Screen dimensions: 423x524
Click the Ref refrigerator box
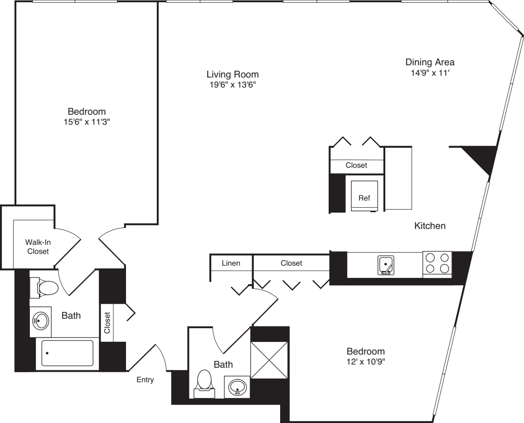tap(364, 195)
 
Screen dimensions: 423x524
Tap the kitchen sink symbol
tap(386, 265)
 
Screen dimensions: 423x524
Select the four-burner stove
tap(437, 263)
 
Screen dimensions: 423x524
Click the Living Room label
tap(233, 74)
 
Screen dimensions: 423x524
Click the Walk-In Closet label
tap(38, 247)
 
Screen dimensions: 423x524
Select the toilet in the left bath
tap(45, 287)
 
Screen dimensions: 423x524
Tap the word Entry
tap(145, 380)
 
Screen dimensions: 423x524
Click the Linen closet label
tap(231, 263)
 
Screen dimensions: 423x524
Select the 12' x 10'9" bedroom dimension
tap(365, 362)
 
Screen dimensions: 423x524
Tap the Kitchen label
tap(430, 225)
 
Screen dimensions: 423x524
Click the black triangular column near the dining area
tap(482, 156)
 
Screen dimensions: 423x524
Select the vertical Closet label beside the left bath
tap(107, 323)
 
